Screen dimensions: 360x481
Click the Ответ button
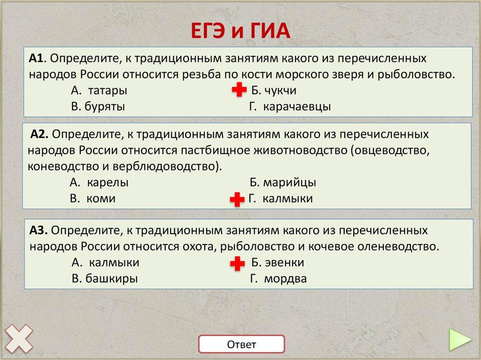tap(241, 345)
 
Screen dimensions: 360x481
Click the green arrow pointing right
tap(460, 339)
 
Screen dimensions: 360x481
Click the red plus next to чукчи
tap(239, 91)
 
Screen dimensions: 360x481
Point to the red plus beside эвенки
tap(237, 264)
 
